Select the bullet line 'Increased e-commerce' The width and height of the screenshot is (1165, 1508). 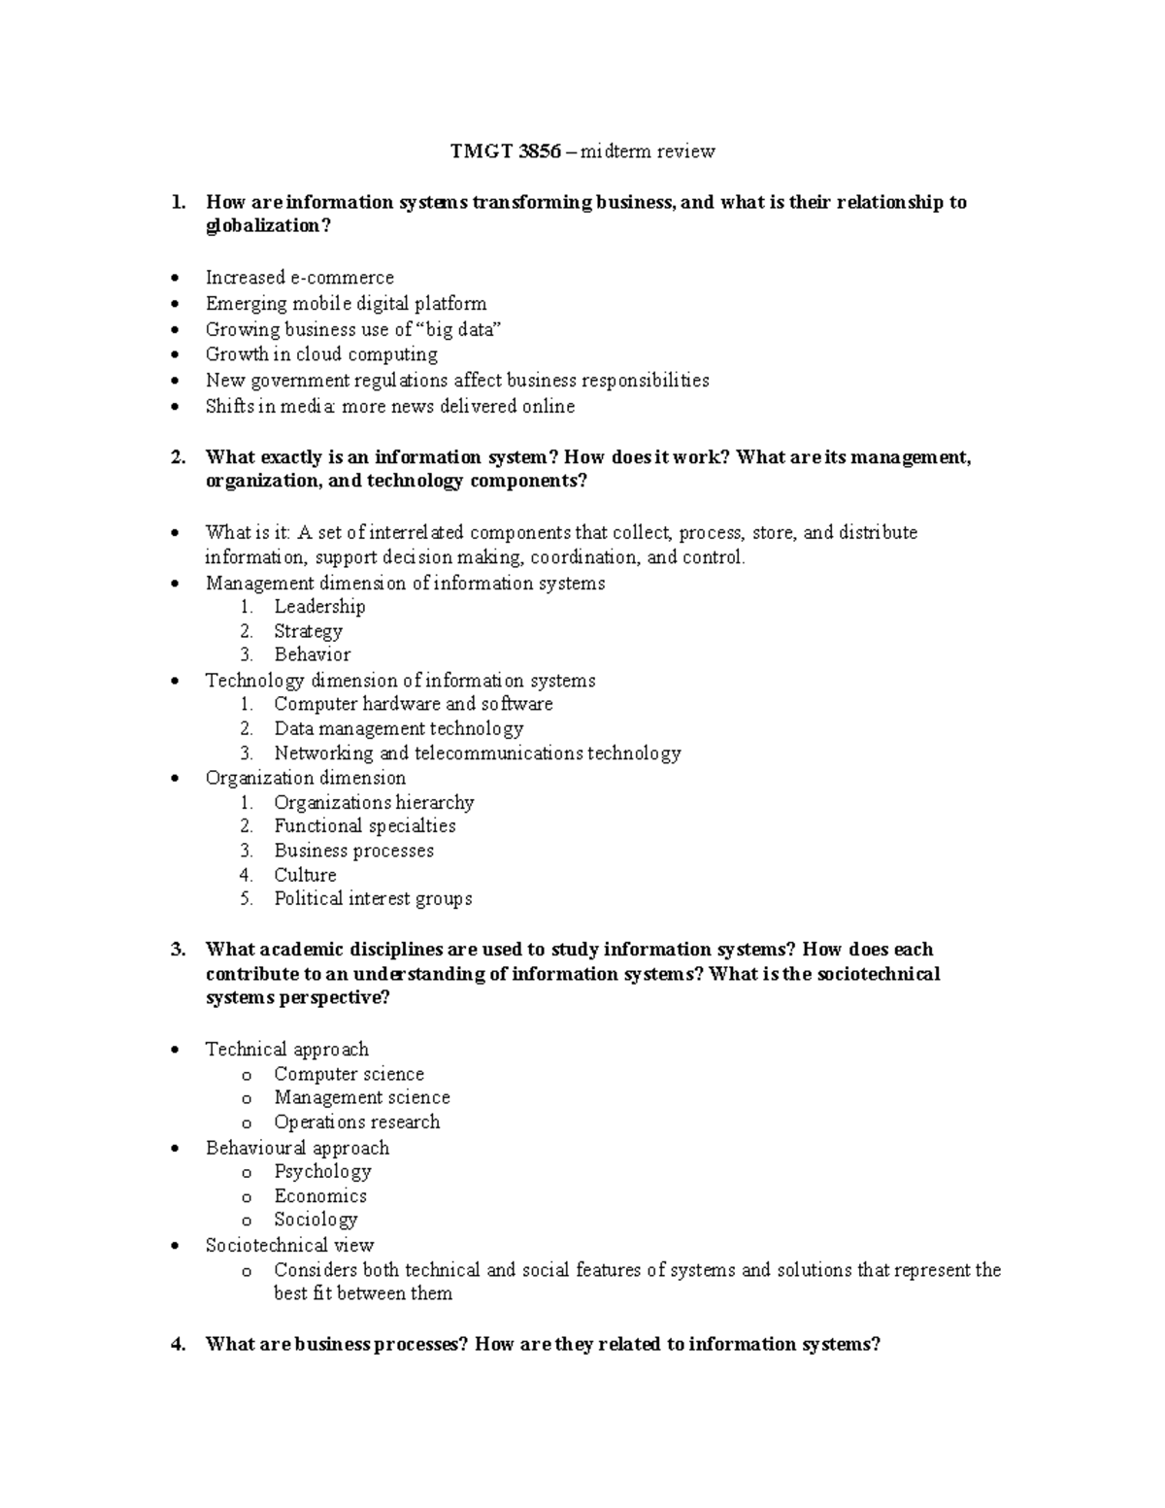tap(299, 278)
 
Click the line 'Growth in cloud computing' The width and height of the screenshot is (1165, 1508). tap(321, 354)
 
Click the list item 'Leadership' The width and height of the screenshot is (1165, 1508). tap(319, 607)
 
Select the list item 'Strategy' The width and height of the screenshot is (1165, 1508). tap(308, 631)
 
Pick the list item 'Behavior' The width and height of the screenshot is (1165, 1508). tap(312, 655)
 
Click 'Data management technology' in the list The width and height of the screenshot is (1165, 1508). tap(398, 728)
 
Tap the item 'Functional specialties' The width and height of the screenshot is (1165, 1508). tap(364, 826)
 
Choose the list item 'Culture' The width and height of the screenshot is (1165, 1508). tap(305, 875)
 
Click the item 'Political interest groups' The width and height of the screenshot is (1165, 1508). tap(373, 899)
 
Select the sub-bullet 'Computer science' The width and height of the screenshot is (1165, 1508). tap(349, 1074)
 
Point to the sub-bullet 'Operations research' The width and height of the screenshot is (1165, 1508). tap(356, 1123)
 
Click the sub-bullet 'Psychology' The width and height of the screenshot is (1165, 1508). tap(322, 1172)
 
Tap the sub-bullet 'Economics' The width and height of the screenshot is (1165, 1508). tap(320, 1196)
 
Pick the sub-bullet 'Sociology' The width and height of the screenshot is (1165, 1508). tap(316, 1220)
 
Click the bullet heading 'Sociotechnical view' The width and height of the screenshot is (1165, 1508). tap(289, 1246)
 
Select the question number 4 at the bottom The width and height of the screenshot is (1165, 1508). tap(177, 1345)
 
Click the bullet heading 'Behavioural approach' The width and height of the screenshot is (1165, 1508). tap(297, 1148)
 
